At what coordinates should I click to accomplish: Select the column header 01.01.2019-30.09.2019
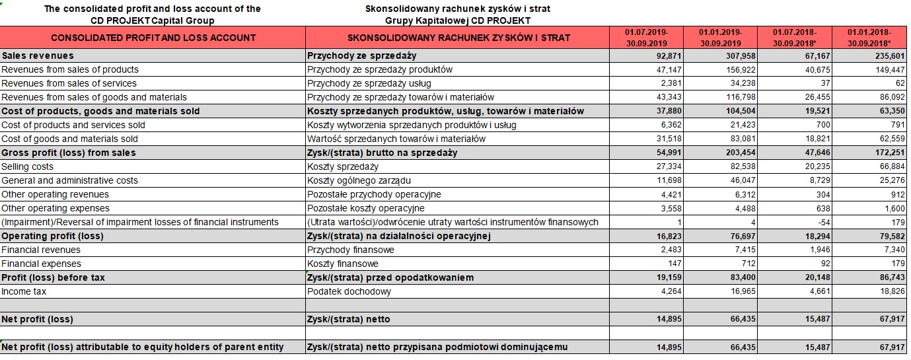[721, 37]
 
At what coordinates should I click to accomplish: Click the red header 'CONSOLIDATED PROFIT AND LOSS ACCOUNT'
[153, 38]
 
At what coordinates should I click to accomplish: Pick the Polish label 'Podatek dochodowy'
[349, 291]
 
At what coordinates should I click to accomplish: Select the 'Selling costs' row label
[28, 166]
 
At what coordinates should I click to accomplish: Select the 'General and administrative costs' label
[70, 180]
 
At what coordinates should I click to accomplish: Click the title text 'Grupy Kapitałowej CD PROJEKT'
[458, 20]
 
